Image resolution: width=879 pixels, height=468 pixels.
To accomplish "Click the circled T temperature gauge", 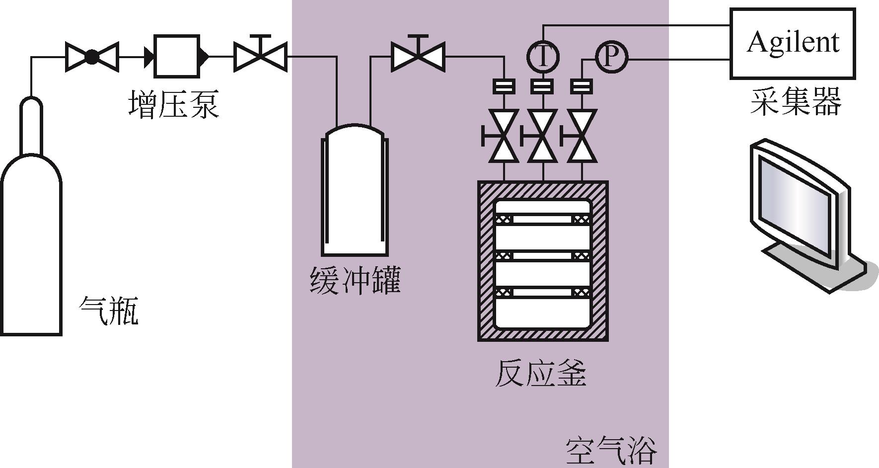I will click(x=543, y=57).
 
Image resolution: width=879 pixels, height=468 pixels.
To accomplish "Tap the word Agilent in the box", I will click(x=793, y=42).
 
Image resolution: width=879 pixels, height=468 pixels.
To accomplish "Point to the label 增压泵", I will click(x=173, y=104).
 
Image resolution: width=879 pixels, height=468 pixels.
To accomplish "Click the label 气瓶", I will click(x=109, y=311).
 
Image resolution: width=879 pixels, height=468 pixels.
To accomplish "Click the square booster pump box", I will click(x=177, y=57).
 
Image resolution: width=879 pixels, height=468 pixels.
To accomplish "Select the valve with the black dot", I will click(x=92, y=57).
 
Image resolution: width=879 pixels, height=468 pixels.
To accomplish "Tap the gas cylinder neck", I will click(x=31, y=124).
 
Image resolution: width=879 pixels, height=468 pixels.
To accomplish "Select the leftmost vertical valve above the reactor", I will click(x=504, y=136).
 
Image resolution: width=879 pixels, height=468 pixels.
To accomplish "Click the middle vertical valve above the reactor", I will click(x=543, y=136).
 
